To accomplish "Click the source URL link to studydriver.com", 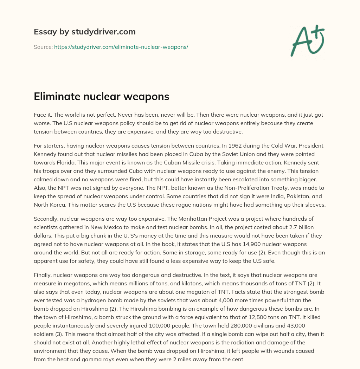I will coord(121,47).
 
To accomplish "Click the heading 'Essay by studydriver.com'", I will coord(84,32).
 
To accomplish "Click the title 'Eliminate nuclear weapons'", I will coord(101,97).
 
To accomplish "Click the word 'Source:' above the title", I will coord(43,47).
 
